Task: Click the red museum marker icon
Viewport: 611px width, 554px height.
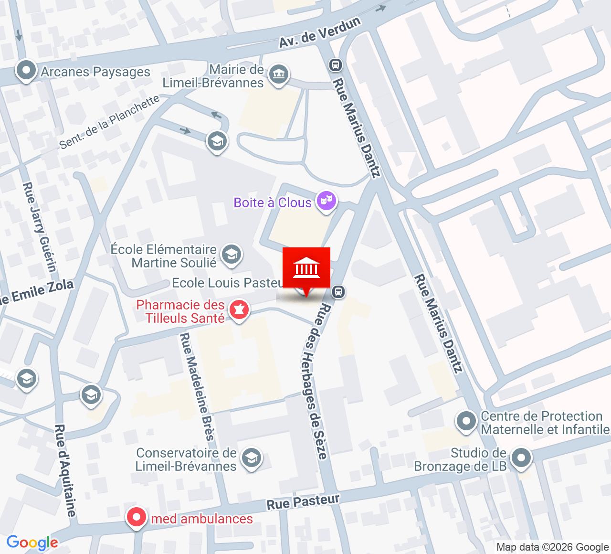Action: pyautogui.click(x=306, y=268)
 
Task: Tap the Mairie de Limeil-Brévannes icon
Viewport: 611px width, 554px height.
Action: pyautogui.click(x=278, y=75)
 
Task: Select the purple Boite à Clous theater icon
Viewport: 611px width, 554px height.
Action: pyautogui.click(x=327, y=201)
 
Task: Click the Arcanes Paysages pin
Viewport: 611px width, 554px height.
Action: pyautogui.click(x=26, y=71)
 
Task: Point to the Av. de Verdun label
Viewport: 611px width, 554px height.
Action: pyautogui.click(x=319, y=32)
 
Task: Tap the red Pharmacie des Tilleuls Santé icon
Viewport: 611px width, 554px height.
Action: pyautogui.click(x=239, y=310)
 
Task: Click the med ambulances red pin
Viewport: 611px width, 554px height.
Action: pyautogui.click(x=136, y=517)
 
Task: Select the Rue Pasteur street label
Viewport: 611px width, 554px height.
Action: pyautogui.click(x=303, y=502)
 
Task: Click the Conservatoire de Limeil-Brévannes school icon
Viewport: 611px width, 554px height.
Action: pyautogui.click(x=251, y=458)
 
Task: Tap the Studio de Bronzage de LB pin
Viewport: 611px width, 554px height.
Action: pyautogui.click(x=521, y=458)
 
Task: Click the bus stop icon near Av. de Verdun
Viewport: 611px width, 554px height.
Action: pyautogui.click(x=336, y=64)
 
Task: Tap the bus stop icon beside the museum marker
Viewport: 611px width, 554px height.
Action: pyautogui.click(x=338, y=291)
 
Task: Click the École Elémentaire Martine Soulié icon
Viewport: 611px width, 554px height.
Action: pyautogui.click(x=232, y=254)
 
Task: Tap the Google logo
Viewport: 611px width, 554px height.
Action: pyautogui.click(x=32, y=543)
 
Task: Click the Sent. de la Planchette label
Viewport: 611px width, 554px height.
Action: pyautogui.click(x=109, y=122)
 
